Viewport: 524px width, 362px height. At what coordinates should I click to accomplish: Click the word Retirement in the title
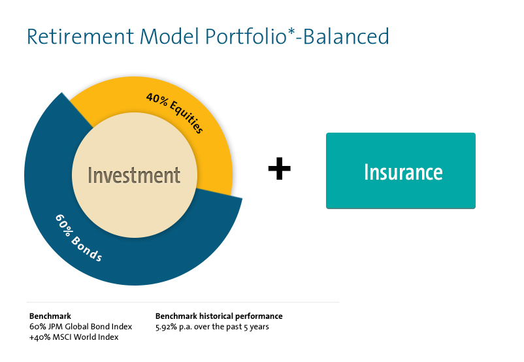80,37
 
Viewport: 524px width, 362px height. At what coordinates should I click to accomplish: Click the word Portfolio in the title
246,37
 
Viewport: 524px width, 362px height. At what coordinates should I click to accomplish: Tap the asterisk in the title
291,31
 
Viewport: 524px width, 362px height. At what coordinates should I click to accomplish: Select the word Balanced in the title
346,37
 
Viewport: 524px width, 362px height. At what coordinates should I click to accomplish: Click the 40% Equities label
174,113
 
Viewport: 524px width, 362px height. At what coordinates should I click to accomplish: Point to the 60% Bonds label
78,238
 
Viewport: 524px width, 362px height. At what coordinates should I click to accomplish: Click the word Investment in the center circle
134,175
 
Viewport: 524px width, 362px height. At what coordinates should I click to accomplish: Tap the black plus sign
280,169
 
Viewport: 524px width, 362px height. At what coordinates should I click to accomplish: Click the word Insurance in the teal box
403,172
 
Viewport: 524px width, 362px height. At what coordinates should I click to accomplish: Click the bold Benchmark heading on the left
50,316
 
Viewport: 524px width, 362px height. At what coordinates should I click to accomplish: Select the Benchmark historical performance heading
219,316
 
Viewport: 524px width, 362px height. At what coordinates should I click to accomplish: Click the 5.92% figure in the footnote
166,327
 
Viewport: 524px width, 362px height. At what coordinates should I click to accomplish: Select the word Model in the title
169,37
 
